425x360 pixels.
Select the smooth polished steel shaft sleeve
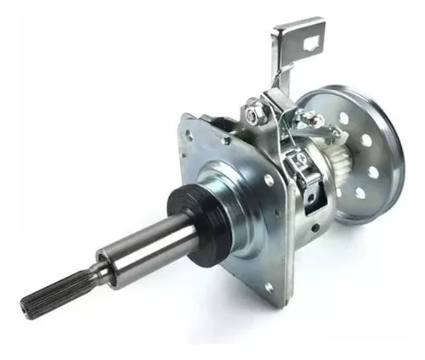coord(144,250)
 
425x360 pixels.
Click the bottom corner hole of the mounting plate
coord(269,287)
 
